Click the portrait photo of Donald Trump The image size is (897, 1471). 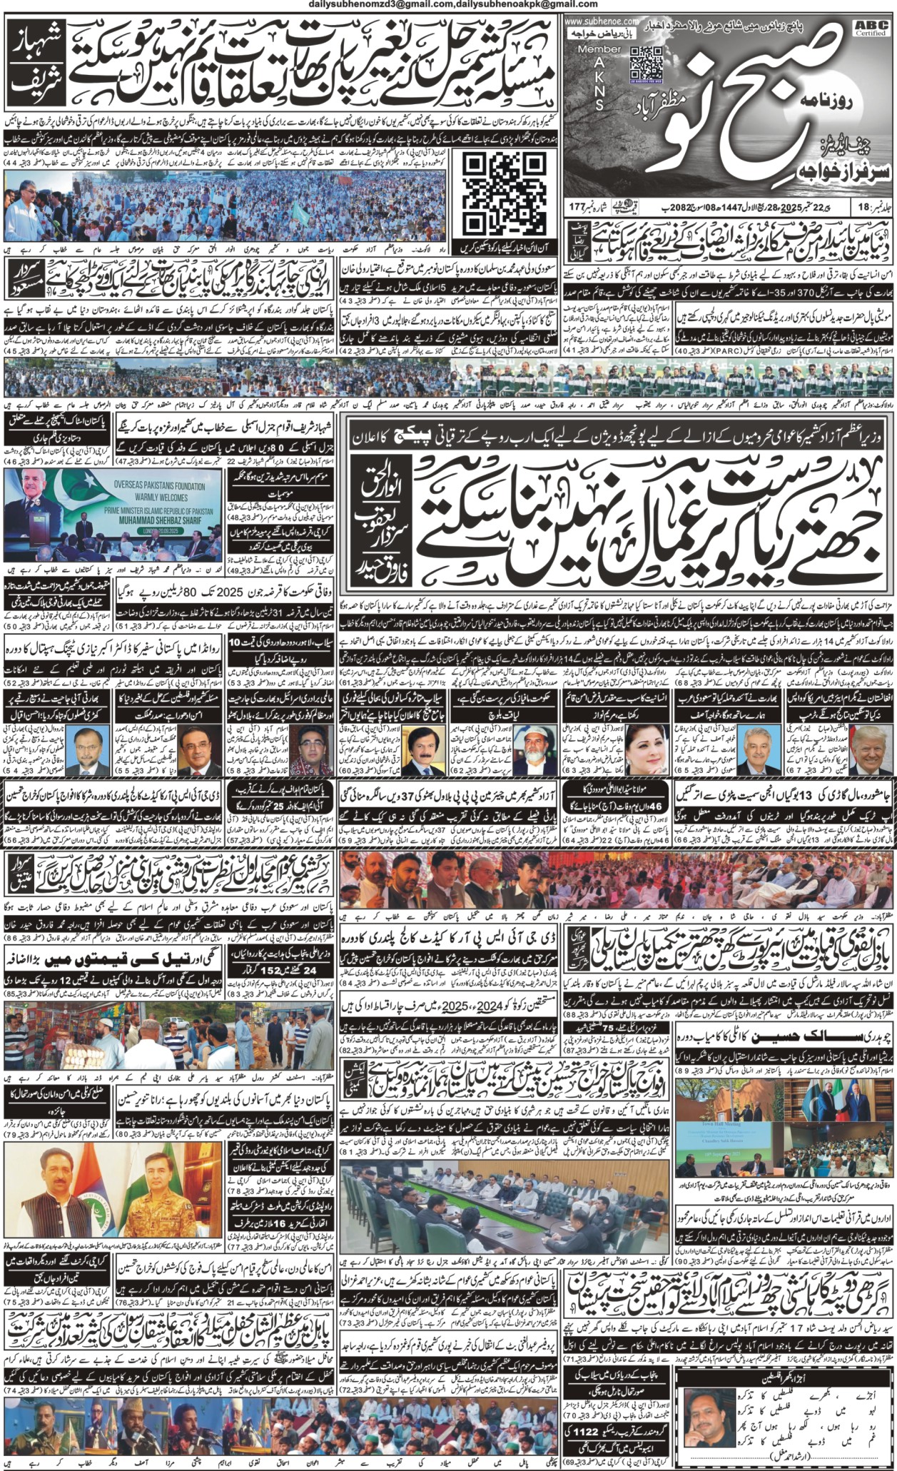click(871, 749)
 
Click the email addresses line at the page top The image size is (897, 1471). click(448, 5)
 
